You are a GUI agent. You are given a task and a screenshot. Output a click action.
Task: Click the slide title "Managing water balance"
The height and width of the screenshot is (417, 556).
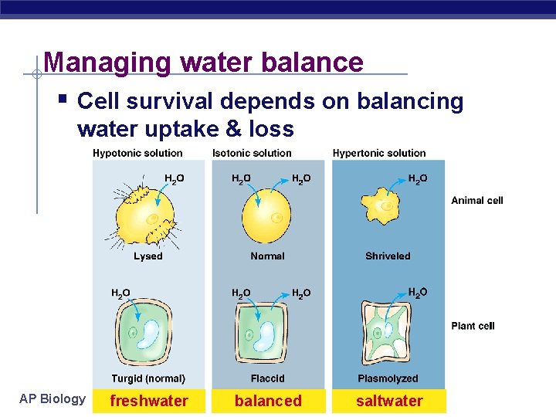[203, 62]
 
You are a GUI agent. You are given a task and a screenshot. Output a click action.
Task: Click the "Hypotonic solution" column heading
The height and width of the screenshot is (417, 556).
[137, 153]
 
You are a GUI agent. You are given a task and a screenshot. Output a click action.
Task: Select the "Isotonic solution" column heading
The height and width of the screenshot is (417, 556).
[252, 153]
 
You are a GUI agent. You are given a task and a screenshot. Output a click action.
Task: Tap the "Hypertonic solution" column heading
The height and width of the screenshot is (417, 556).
[379, 153]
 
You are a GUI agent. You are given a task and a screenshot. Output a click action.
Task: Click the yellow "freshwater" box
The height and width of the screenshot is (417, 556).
[149, 401]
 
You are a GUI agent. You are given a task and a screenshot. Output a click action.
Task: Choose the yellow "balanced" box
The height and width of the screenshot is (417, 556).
[268, 401]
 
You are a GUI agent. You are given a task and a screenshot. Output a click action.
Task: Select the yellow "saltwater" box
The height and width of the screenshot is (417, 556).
[389, 401]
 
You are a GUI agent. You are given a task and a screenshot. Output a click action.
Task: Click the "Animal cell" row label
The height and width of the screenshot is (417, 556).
[476, 201]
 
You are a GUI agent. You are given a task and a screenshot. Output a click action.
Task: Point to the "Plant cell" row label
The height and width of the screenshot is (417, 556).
[473, 326]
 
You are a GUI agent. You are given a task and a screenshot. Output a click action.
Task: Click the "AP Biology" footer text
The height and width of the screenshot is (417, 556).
[53, 398]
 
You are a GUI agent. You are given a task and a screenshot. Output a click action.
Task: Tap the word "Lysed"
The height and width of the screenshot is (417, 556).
[147, 256]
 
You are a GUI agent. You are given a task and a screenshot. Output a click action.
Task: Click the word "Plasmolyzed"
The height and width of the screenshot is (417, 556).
[388, 378]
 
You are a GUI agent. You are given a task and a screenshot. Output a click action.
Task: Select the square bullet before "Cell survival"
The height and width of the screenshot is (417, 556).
[63, 100]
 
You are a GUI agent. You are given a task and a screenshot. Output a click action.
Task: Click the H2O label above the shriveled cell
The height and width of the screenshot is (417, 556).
[417, 179]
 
